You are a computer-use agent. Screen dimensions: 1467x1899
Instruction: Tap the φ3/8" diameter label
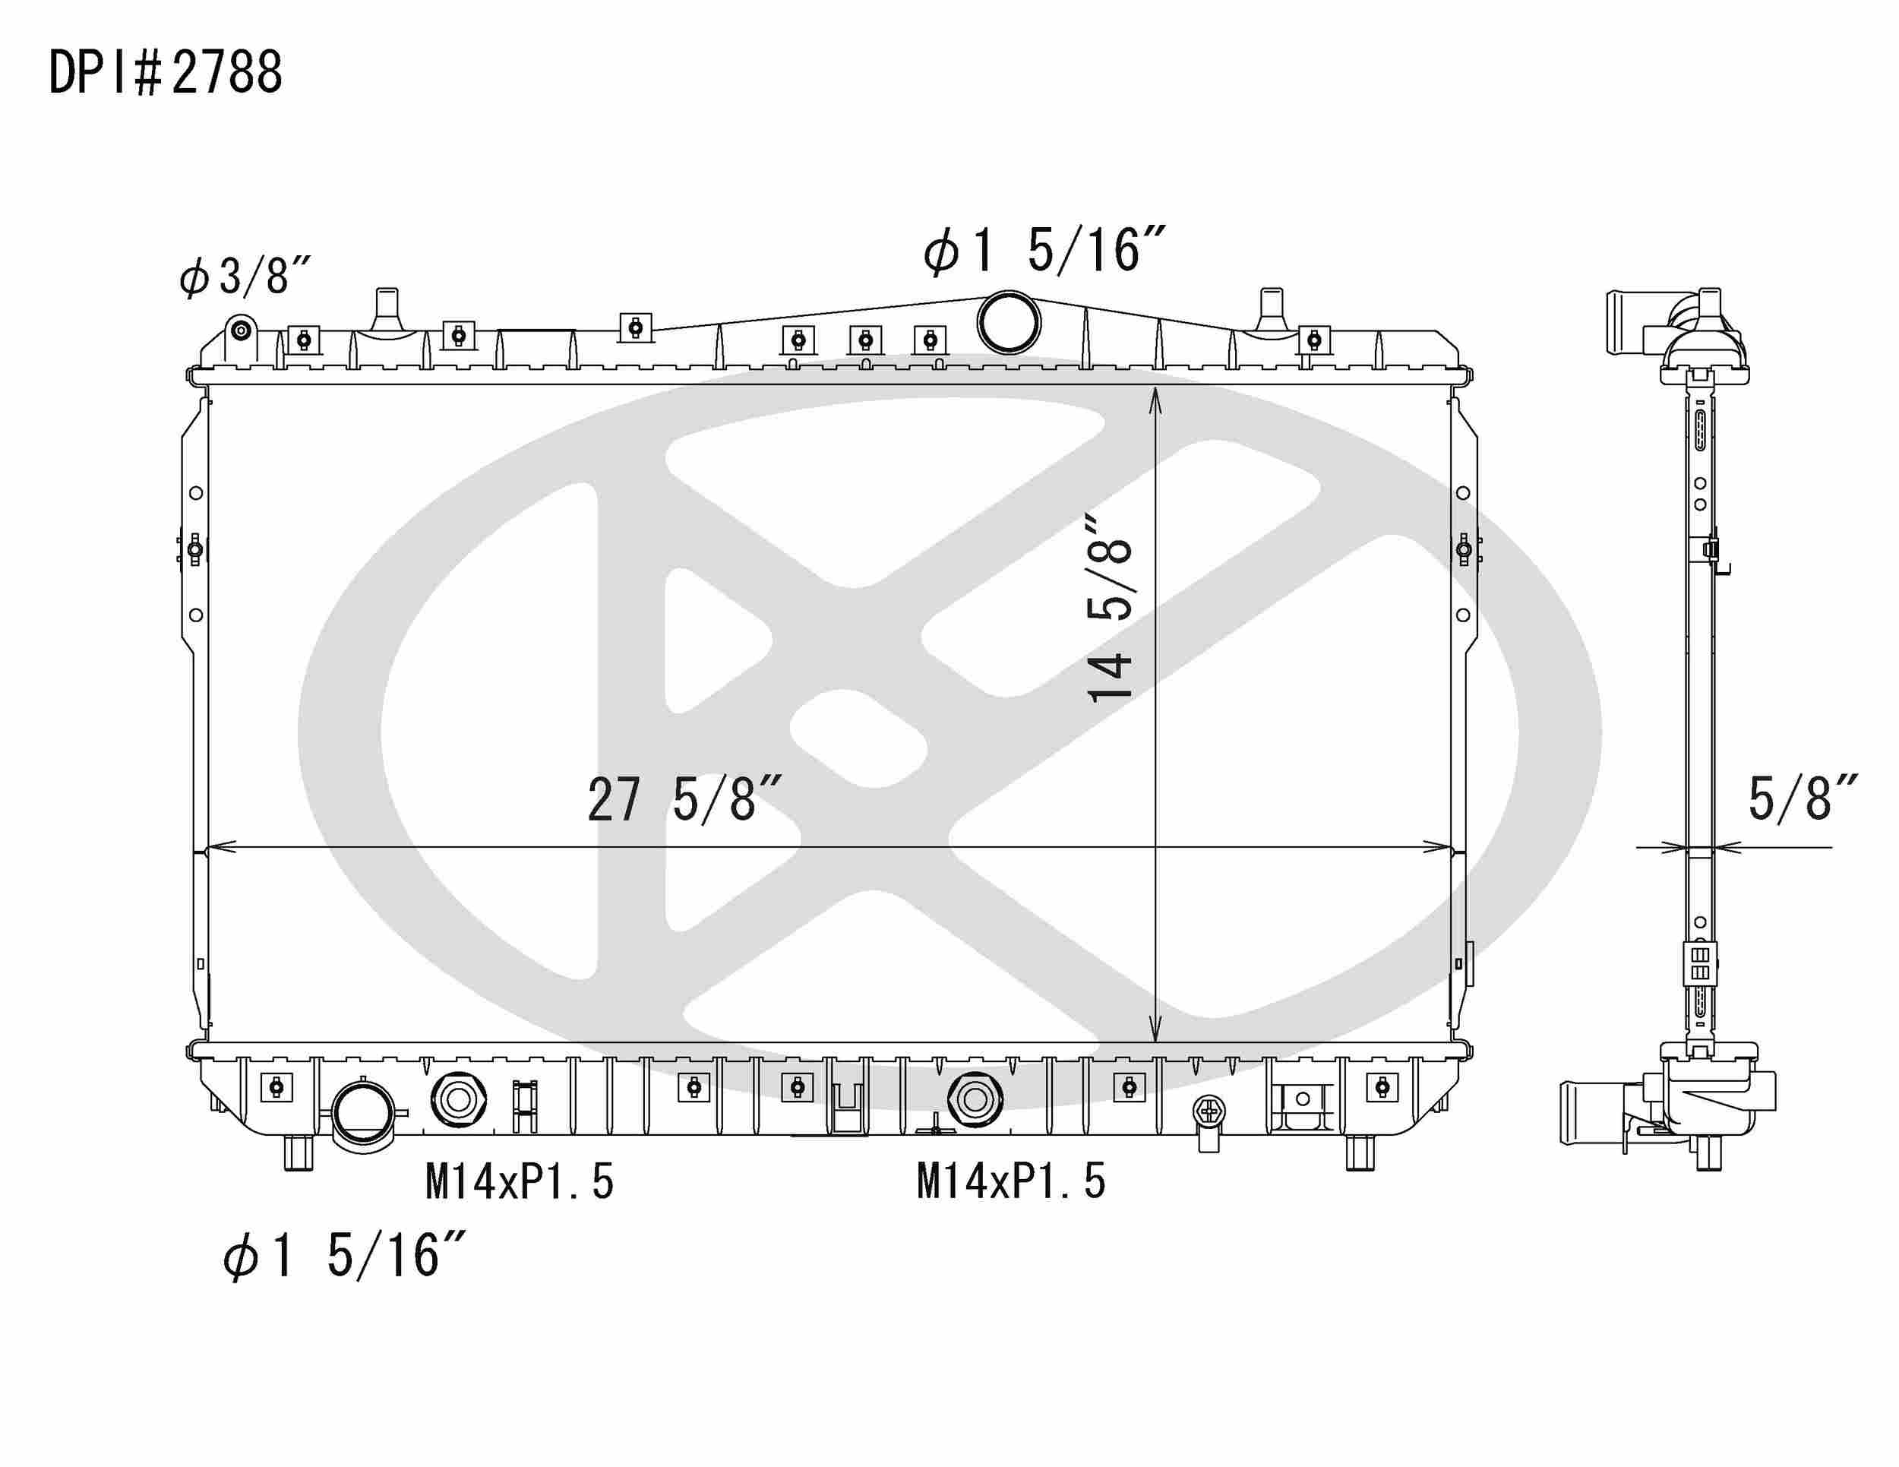pyautogui.click(x=245, y=276)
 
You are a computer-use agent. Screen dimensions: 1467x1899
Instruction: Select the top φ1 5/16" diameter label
pyautogui.click(x=1044, y=251)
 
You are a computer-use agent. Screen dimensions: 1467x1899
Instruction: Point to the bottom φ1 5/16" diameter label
pyautogui.click(x=344, y=1255)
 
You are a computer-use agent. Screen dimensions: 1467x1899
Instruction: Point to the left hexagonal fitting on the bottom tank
pyautogui.click(x=457, y=1100)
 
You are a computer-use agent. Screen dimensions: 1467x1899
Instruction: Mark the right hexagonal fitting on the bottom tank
pyautogui.click(x=975, y=1100)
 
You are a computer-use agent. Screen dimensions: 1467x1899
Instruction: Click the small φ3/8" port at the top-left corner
pyautogui.click(x=241, y=330)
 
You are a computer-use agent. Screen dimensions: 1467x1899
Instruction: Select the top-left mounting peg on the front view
pyautogui.click(x=386, y=308)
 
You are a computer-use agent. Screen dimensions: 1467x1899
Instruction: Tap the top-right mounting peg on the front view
pyautogui.click(x=1272, y=308)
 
